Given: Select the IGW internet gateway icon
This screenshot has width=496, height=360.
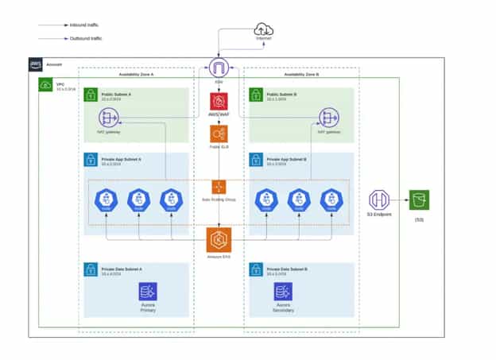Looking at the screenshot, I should click(x=219, y=68).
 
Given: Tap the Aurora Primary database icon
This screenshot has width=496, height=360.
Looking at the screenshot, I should click(x=148, y=291).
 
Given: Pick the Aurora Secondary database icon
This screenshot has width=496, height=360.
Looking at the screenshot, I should click(x=284, y=291).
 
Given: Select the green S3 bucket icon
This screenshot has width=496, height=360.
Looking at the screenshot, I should click(x=418, y=199).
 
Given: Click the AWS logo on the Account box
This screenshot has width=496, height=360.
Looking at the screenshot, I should click(x=37, y=64).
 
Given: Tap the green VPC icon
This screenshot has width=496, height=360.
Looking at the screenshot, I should click(x=46, y=83).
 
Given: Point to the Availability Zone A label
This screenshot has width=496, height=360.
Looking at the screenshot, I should click(x=136, y=74).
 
